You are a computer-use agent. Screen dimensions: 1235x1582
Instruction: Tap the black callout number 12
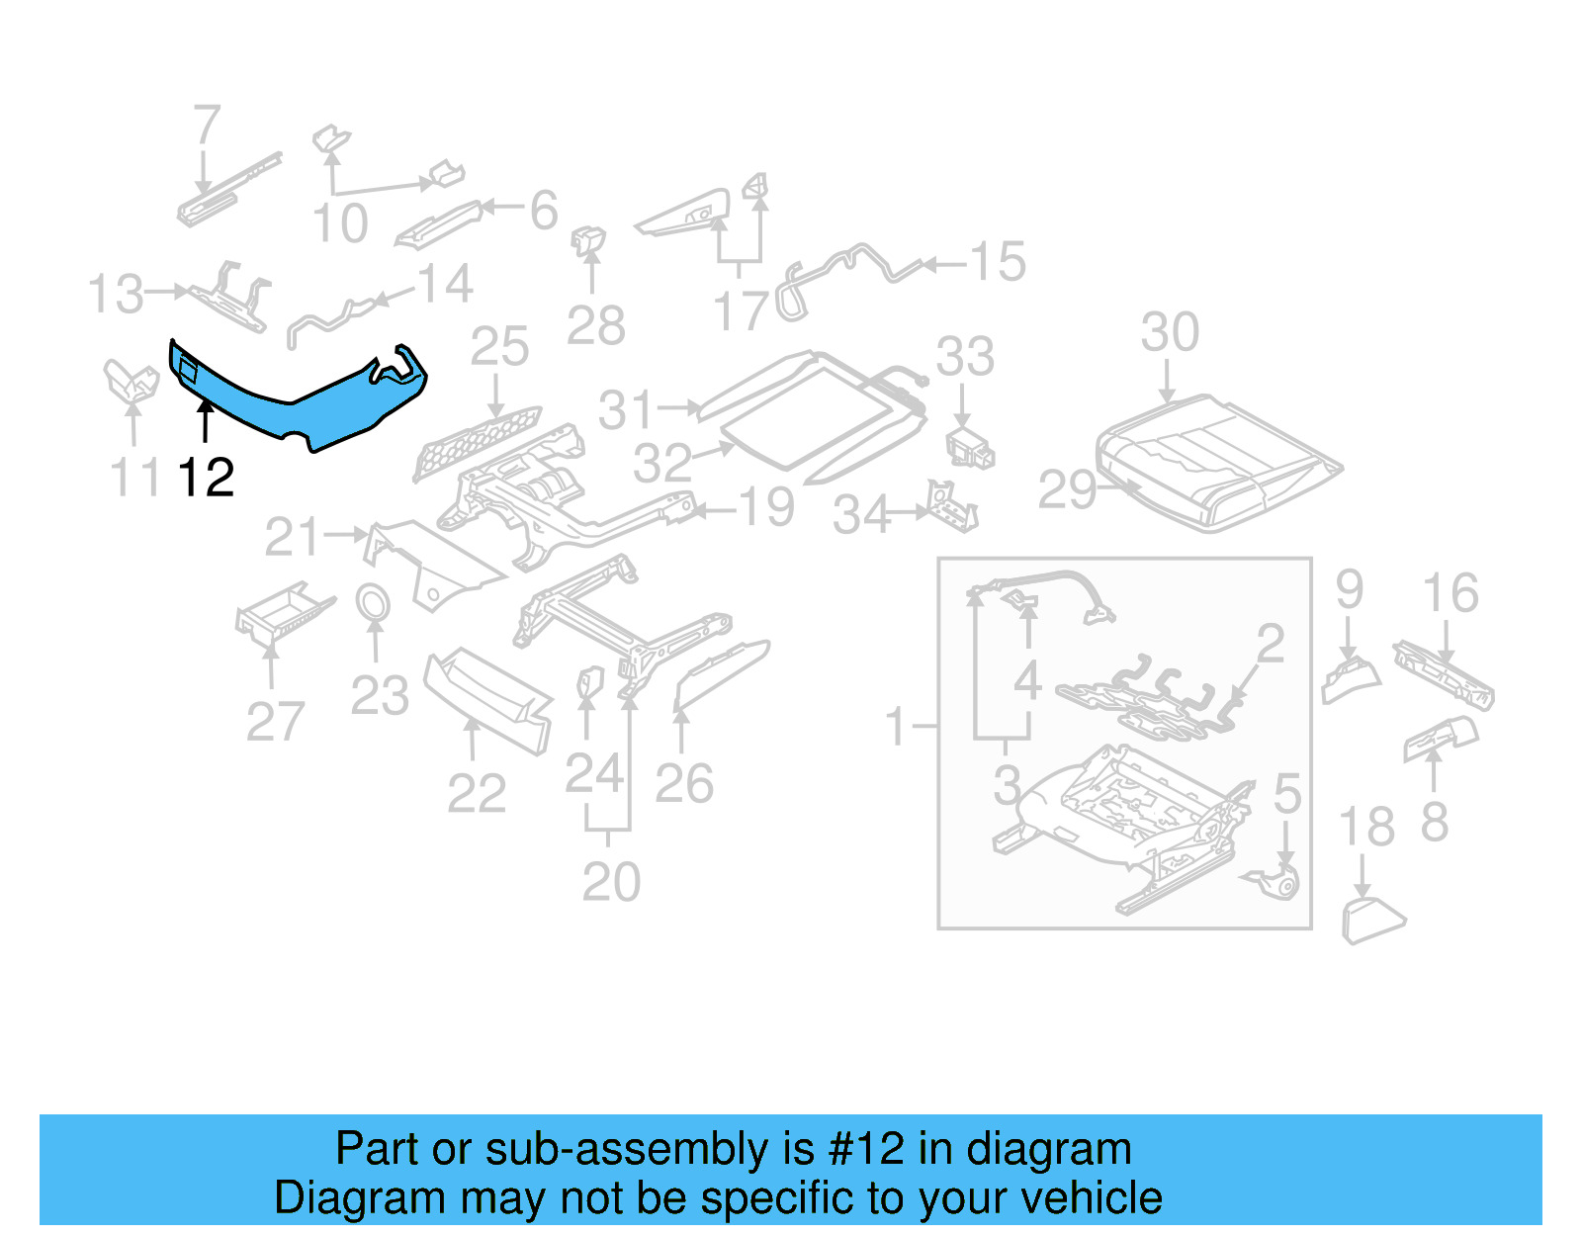[x=206, y=478]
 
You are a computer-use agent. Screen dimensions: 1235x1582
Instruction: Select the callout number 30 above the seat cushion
[x=1170, y=332]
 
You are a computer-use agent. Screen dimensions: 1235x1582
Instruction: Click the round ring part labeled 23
[x=373, y=602]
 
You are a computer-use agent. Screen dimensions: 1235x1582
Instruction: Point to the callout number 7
[x=206, y=126]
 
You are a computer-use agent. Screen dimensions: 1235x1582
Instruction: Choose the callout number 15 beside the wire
[x=997, y=262]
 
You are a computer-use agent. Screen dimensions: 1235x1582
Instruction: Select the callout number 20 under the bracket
[x=611, y=881]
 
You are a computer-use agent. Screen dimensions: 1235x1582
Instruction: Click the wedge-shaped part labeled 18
[x=1370, y=920]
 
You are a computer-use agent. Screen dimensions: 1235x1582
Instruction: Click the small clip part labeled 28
[x=589, y=239]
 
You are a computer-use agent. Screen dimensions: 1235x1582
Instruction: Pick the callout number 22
[x=476, y=793]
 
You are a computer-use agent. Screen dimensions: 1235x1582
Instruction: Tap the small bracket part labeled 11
[x=131, y=382]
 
